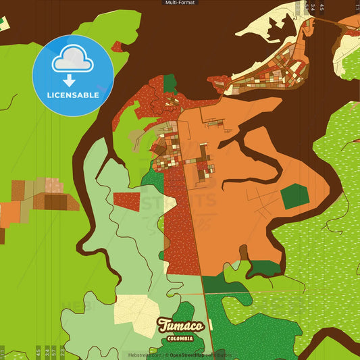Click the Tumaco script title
click(180, 325)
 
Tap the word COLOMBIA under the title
click(180, 338)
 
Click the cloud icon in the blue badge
click(73, 60)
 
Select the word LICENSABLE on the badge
click(73, 95)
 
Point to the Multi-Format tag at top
click(180, 3)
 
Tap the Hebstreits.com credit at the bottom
click(144, 355)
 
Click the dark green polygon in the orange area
click(294, 196)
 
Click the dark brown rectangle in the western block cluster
click(55, 201)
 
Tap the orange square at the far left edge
click(9, 213)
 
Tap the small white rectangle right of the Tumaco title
click(210, 325)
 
